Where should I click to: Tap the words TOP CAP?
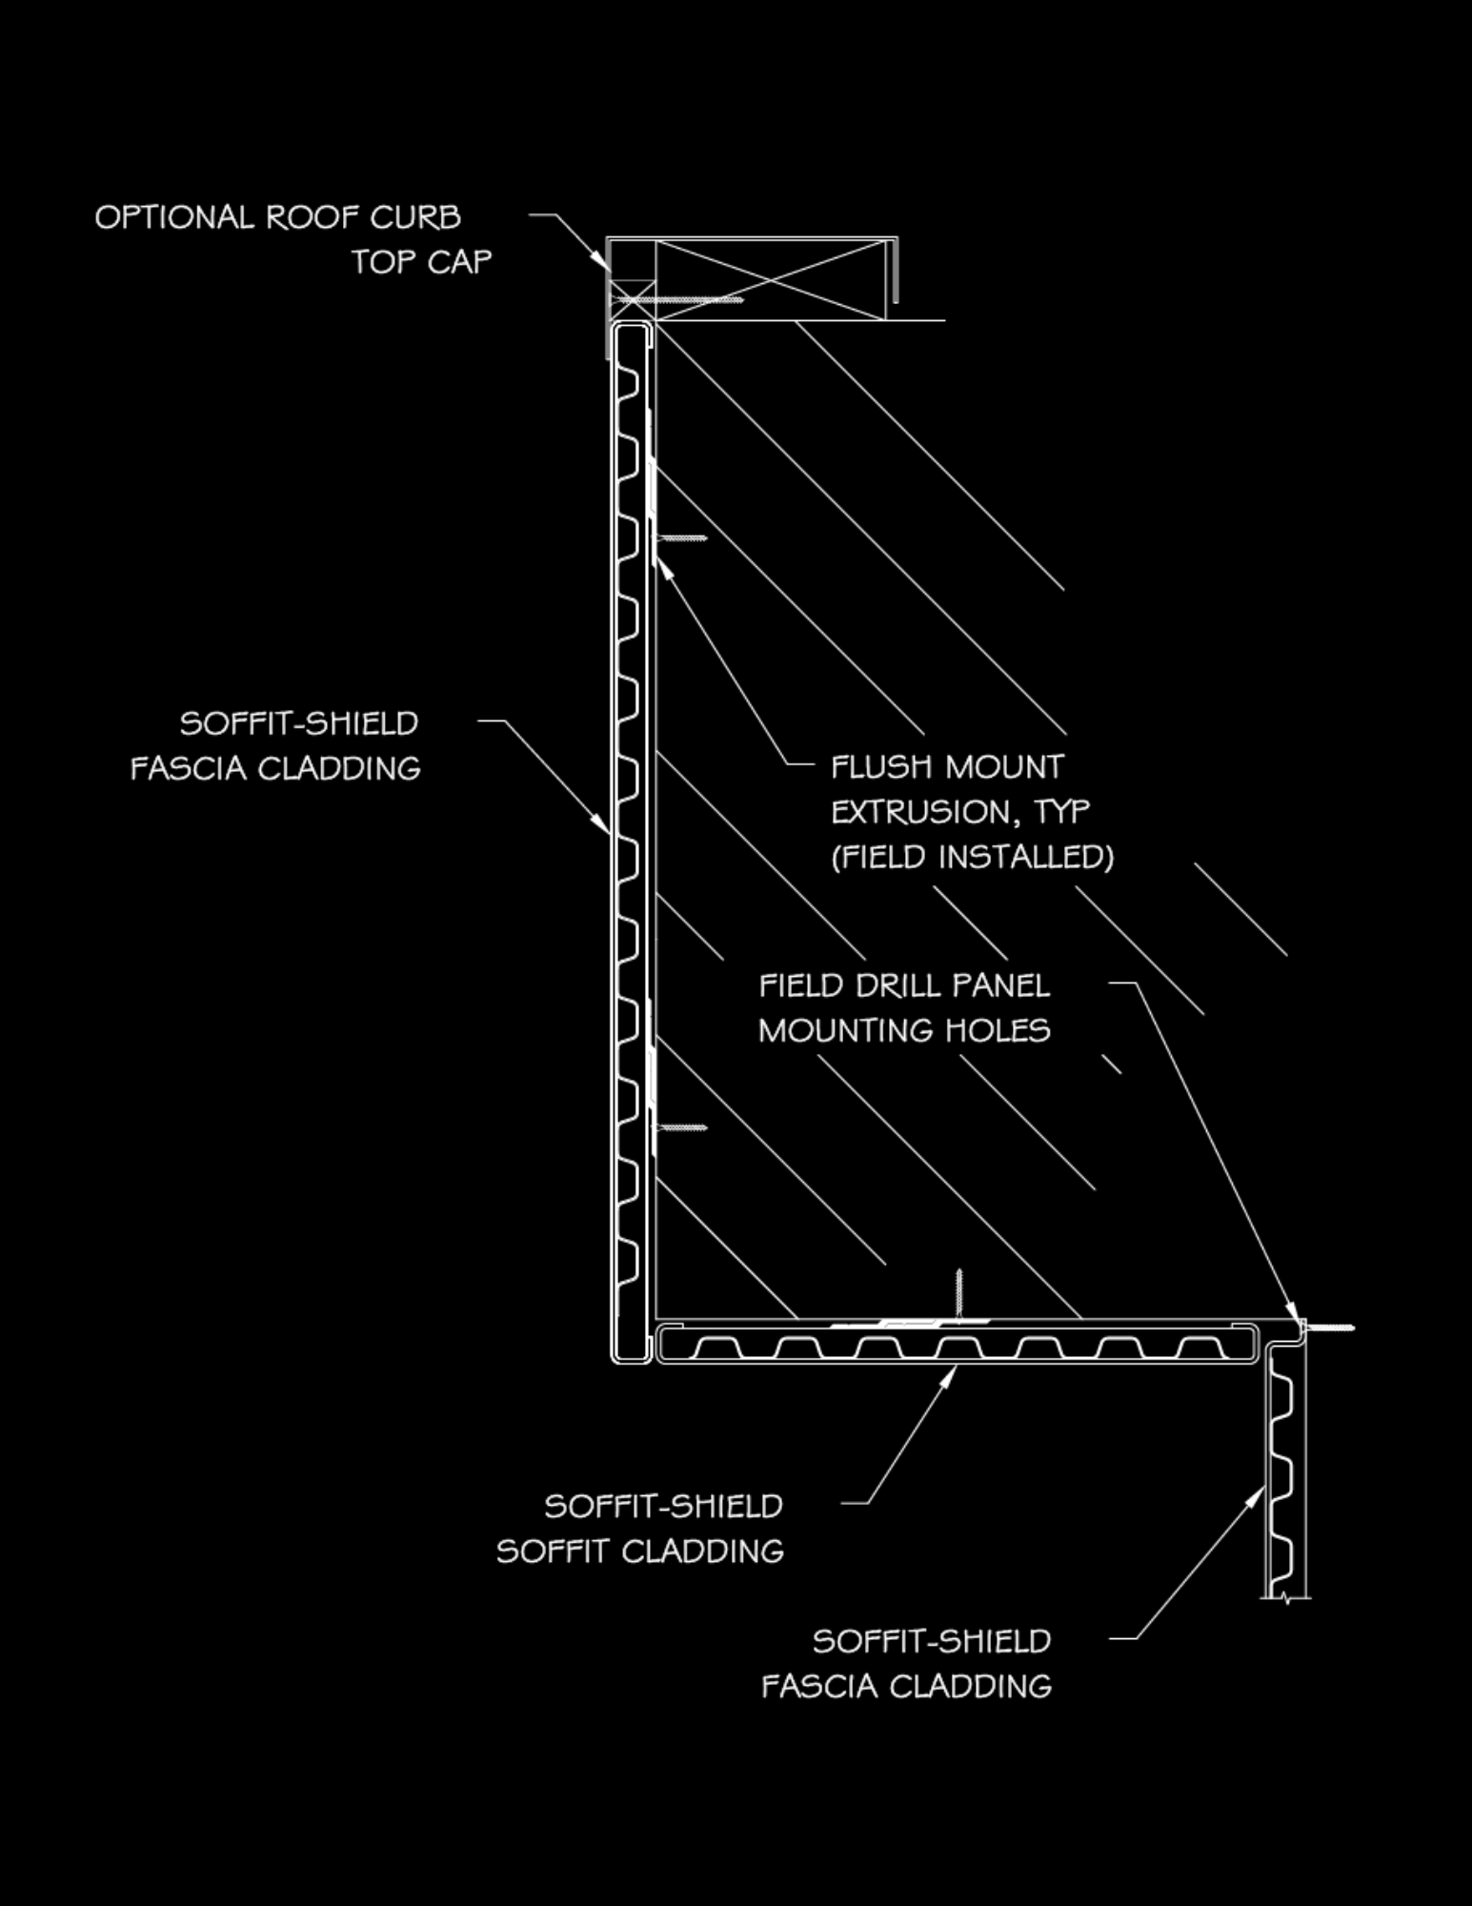[421, 262]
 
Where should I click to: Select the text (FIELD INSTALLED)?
[972, 857]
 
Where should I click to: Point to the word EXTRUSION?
[916, 812]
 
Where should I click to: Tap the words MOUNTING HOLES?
[904, 1030]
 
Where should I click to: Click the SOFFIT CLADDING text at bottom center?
[639, 1551]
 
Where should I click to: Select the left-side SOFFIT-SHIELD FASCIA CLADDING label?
[275, 746]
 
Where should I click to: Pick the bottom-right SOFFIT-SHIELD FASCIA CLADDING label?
[906, 1664]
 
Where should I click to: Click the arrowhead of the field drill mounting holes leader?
[1292, 1313]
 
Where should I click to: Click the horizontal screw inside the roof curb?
[678, 300]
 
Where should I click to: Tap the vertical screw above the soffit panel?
[958, 1293]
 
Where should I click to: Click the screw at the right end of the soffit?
[1328, 1328]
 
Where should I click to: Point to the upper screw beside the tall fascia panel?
[681, 538]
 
